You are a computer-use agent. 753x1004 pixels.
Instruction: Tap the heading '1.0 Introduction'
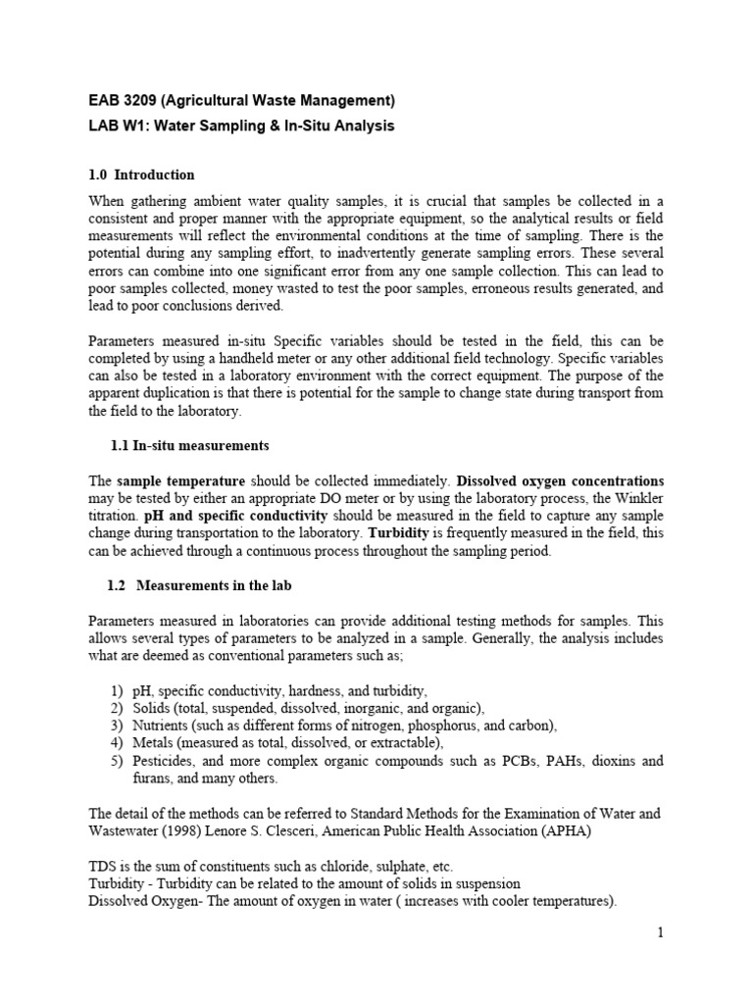click(x=141, y=176)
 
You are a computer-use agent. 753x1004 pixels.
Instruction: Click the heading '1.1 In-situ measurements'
click(x=189, y=445)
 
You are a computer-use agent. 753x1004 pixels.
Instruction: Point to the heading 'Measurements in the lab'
click(x=214, y=586)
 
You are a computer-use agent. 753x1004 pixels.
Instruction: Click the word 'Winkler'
click(x=638, y=499)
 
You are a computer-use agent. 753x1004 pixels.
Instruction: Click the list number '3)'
click(x=117, y=727)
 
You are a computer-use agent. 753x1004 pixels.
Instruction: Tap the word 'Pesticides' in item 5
click(x=165, y=762)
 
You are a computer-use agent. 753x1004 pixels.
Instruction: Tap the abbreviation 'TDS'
click(x=103, y=867)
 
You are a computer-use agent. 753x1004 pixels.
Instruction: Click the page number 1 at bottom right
click(x=661, y=933)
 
